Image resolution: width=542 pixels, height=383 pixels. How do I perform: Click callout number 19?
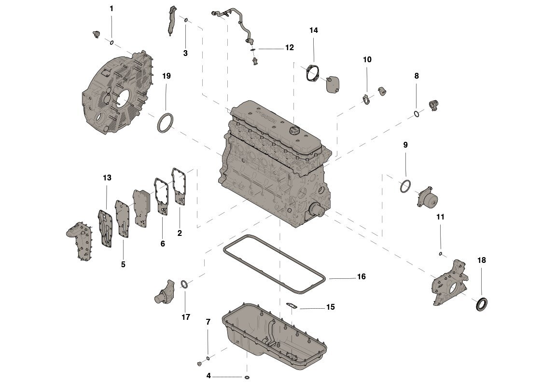click(166, 76)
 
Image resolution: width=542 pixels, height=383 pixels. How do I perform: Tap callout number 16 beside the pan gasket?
click(361, 276)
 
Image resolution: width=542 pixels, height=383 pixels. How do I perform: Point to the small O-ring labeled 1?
click(111, 43)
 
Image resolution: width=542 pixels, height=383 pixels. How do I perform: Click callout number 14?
click(314, 30)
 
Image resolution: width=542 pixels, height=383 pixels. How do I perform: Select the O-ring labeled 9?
click(406, 186)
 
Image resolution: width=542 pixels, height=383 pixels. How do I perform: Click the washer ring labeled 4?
click(247, 376)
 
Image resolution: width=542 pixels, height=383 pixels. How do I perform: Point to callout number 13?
click(107, 178)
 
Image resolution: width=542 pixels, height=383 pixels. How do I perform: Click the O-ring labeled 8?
click(416, 114)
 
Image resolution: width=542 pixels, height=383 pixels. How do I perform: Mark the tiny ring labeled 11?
click(440, 253)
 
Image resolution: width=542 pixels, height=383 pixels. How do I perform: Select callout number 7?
click(208, 322)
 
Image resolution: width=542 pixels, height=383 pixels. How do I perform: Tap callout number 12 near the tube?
click(289, 48)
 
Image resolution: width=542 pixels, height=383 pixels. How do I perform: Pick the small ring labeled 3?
click(186, 20)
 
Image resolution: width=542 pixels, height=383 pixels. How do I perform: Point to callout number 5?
click(123, 264)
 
